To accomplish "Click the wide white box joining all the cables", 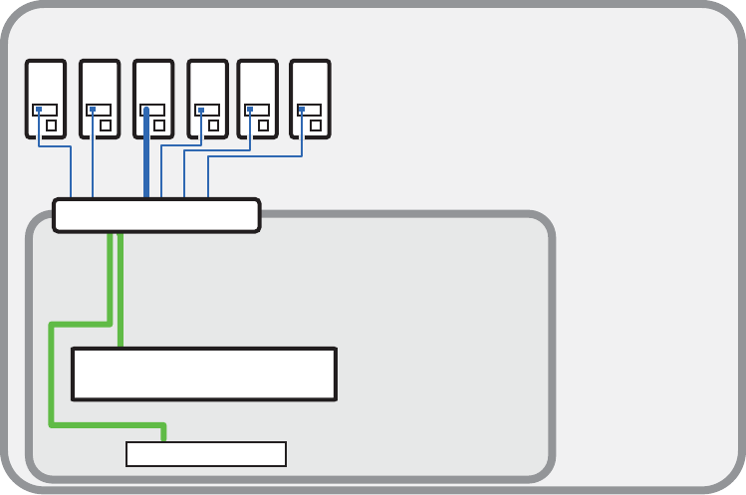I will [x=156, y=215].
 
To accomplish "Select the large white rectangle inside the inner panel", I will [x=204, y=373].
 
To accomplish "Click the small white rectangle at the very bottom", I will [x=206, y=454].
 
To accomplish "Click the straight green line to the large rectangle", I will [x=121, y=289].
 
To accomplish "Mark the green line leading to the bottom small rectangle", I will [x=52, y=378].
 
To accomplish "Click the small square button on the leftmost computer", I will [x=51, y=126].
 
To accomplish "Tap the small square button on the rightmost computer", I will [x=315, y=126].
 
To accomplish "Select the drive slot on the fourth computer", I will [x=207, y=110].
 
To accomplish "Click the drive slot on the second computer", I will [x=100, y=110].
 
